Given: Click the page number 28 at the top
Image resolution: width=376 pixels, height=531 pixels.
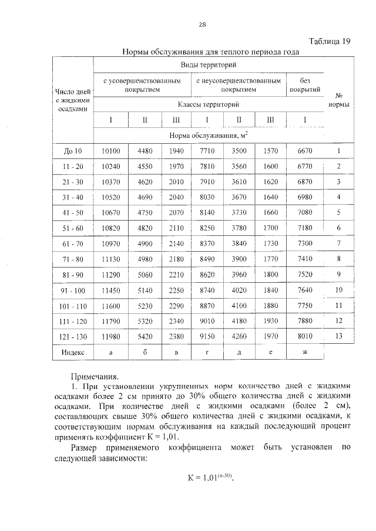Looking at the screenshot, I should point(202,24).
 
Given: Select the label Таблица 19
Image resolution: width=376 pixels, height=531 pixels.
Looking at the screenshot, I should point(330,41).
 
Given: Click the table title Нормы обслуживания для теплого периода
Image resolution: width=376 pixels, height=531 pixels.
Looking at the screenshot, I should point(210,52).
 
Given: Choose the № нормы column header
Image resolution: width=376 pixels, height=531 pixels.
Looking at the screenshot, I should point(338,100).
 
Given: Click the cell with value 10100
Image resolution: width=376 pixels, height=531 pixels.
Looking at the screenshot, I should point(111,151).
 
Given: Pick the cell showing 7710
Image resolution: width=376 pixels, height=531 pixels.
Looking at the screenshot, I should point(207,151).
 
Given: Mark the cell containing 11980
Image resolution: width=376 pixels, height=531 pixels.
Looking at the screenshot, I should point(111,337).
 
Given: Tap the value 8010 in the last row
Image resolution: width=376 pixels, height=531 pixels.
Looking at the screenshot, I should point(305,337).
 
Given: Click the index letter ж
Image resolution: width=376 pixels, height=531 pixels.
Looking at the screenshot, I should point(305,352).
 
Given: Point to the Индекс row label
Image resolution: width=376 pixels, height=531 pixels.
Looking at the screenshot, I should point(73,352).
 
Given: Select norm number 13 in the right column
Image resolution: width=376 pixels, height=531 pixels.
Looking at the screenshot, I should point(338,336).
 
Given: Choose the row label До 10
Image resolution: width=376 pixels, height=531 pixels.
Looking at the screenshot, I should point(73,151).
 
